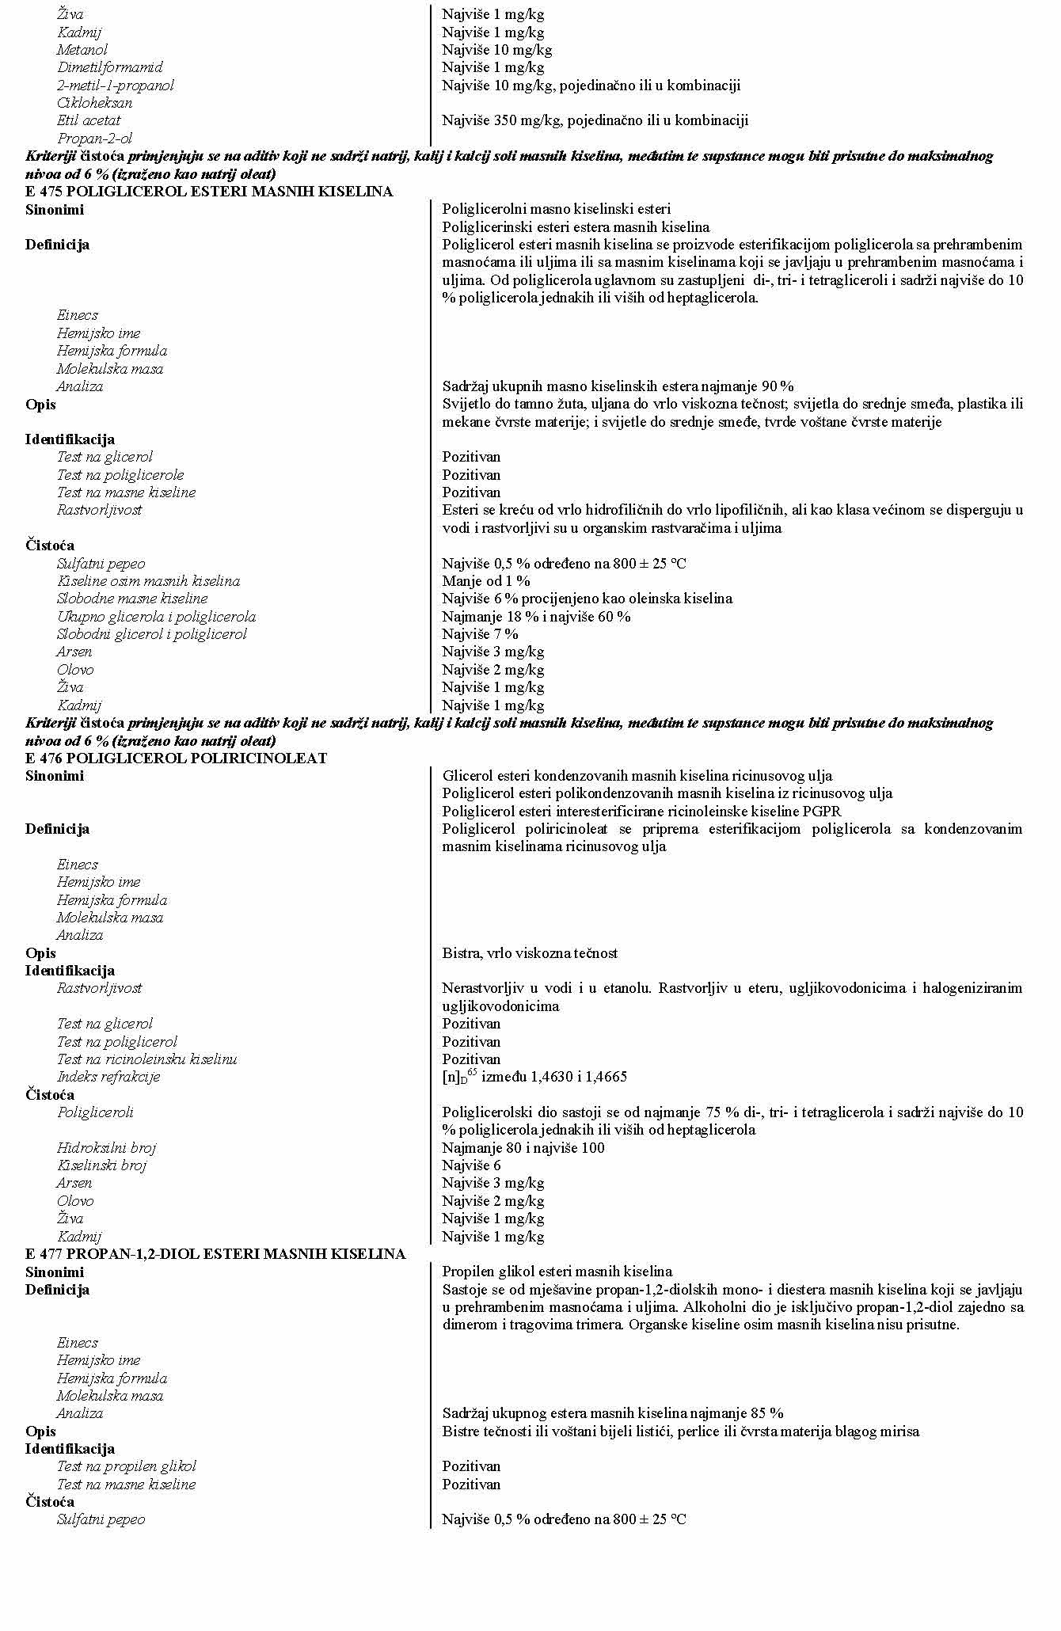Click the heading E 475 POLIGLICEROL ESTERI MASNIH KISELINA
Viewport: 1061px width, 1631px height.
point(209,192)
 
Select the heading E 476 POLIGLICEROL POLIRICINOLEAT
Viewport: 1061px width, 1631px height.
point(176,758)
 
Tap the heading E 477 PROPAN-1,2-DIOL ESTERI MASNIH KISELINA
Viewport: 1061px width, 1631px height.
point(215,1254)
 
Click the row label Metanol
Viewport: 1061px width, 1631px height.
point(82,50)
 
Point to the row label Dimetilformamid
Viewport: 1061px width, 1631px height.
point(109,67)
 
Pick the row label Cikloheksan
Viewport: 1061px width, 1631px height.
point(94,103)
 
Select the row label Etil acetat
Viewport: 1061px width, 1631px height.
point(89,120)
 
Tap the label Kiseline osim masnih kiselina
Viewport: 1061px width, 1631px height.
point(148,581)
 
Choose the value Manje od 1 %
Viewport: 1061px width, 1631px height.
point(486,581)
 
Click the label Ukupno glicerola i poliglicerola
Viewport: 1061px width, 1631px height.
point(156,617)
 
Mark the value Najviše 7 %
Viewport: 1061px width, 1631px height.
point(480,634)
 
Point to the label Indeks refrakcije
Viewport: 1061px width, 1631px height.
point(108,1077)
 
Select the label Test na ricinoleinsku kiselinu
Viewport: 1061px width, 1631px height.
point(146,1059)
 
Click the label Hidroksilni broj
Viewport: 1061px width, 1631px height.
point(106,1148)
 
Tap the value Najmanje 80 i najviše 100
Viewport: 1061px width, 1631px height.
point(523,1148)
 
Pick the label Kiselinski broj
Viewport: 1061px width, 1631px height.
point(101,1165)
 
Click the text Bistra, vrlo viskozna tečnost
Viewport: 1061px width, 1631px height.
point(530,953)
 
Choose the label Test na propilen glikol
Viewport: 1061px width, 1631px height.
point(126,1466)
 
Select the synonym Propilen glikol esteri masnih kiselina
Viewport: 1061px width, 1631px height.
point(557,1272)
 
